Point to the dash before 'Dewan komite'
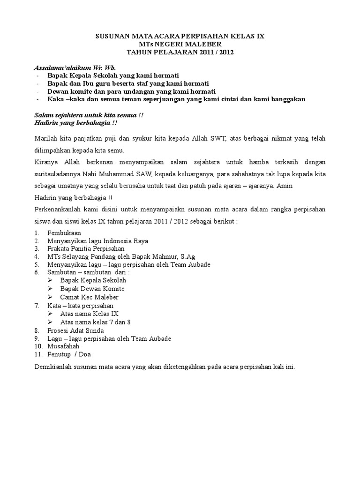pos(37,91)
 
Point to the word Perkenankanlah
pos(58,209)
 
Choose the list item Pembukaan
pos(64,233)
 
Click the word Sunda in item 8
pos(95,330)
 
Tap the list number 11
pos(38,354)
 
